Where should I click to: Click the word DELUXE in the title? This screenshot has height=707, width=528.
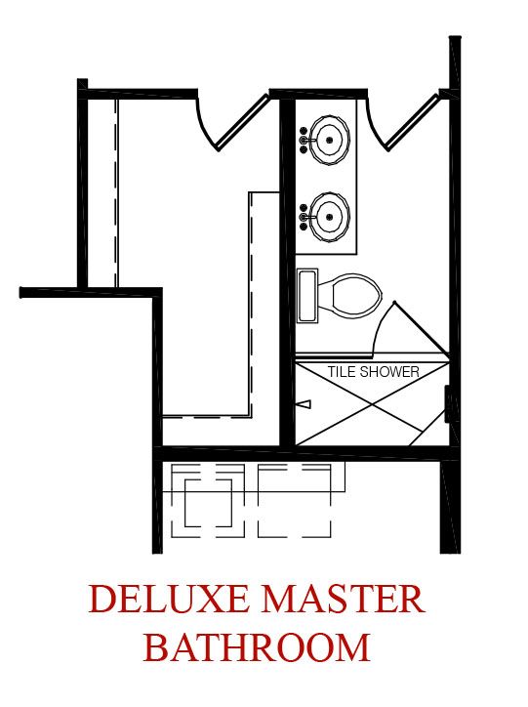pyautogui.click(x=169, y=599)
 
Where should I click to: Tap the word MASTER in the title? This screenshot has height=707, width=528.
pyautogui.click(x=344, y=599)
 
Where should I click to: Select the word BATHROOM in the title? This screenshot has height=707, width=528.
pyautogui.click(x=257, y=647)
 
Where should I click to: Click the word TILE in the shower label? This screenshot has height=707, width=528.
pyautogui.click(x=342, y=372)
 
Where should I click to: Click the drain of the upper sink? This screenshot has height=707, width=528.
pyautogui.click(x=329, y=140)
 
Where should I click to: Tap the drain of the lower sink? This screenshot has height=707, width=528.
pyautogui.click(x=329, y=217)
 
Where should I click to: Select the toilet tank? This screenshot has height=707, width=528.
pyautogui.click(x=307, y=296)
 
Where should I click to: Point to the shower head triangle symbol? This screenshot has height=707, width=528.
pyautogui.click(x=305, y=404)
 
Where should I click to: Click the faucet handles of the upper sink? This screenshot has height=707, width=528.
pyautogui.click(x=304, y=140)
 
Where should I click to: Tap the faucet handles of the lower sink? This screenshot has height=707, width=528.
pyautogui.click(x=304, y=217)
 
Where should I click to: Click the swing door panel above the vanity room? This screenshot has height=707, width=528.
pyautogui.click(x=413, y=122)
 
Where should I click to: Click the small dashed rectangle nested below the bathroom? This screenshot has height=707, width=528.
pyautogui.click(x=208, y=503)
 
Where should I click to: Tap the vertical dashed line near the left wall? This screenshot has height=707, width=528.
pyautogui.click(x=116, y=193)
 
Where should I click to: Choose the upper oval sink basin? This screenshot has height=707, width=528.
pyautogui.click(x=329, y=140)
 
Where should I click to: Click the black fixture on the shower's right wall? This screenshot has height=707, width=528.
pyautogui.click(x=448, y=404)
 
